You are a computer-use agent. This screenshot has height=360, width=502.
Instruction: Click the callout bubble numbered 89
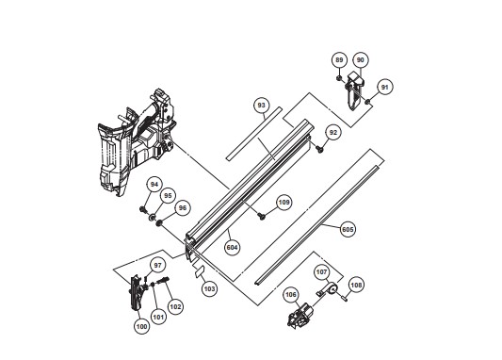pyautogui.click(x=339, y=60)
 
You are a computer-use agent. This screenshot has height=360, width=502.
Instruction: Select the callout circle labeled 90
pyautogui.click(x=361, y=60)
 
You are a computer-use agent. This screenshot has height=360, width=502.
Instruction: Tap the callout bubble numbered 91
pyautogui.click(x=384, y=87)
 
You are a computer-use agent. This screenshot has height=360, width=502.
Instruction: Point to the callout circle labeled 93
pyautogui.click(x=262, y=106)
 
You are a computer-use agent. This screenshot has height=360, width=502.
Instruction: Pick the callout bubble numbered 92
pyautogui.click(x=333, y=133)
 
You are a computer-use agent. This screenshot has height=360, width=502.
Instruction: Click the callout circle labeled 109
pyautogui.click(x=284, y=203)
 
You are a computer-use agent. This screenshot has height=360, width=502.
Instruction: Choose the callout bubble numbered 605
pyautogui.click(x=348, y=229)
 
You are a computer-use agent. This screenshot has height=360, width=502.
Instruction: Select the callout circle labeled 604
pyautogui.click(x=232, y=248)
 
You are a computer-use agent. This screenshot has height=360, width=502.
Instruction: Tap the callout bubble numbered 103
pyautogui.click(x=209, y=289)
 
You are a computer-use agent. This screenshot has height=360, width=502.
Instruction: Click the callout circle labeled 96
pyautogui.click(x=182, y=208)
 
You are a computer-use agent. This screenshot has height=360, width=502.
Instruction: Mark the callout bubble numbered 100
pyautogui.click(x=141, y=327)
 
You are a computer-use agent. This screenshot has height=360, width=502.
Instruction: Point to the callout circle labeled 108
pyautogui.click(x=356, y=285)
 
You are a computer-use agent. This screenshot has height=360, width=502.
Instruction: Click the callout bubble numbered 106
pyautogui.click(x=291, y=295)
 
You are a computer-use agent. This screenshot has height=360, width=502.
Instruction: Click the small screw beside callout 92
pyautogui.click(x=320, y=149)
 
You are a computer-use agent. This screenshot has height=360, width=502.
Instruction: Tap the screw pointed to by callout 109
pyautogui.click(x=263, y=217)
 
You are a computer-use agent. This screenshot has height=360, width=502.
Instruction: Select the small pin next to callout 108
pyautogui.click(x=345, y=299)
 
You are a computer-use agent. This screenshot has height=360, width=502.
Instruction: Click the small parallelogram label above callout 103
pyautogui.click(x=200, y=271)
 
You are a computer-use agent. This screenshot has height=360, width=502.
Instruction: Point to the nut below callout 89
pyautogui.click(x=338, y=78)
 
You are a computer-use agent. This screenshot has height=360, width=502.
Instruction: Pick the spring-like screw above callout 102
pyautogui.click(x=163, y=281)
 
